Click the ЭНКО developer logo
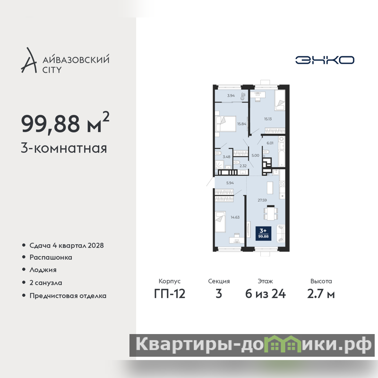coord(325,60)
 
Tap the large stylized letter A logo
coord(29,60)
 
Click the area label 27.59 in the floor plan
coord(262,200)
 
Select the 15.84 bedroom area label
coord(241,124)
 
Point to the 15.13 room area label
coord(268,119)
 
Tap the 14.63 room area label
coord(235,217)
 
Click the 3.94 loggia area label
coord(231,95)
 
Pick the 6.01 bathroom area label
coord(270,143)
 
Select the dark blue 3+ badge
coord(263,233)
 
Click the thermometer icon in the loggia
coord(243,96)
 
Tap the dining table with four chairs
coord(271,213)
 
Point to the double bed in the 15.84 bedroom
coord(225,124)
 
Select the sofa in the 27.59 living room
coord(281,233)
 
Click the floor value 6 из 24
coord(266,294)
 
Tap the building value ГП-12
coord(170,294)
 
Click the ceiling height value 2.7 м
coord(321,294)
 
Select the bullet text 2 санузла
coord(45,283)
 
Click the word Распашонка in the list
coord(51,257)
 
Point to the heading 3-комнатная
coord(64,148)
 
